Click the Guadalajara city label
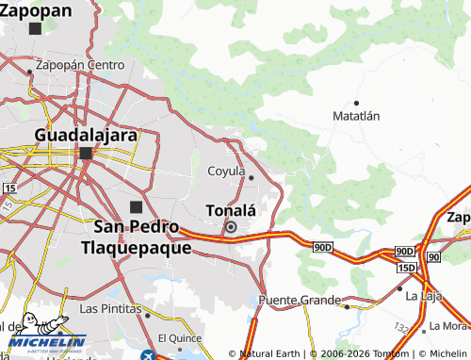pyautogui.click(x=86, y=134)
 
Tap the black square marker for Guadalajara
pyautogui.click(x=86, y=154)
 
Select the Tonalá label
pyautogui.click(x=231, y=209)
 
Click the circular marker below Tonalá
pyautogui.click(x=230, y=227)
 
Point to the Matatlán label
pyautogui.click(x=356, y=116)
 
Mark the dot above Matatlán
pyautogui.click(x=356, y=102)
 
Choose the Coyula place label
pyautogui.click(x=225, y=172)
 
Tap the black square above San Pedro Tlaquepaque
pyautogui.click(x=136, y=206)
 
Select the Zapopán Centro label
pyautogui.click(x=79, y=66)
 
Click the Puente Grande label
pyautogui.click(x=294, y=301)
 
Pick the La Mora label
pyautogui.click(x=447, y=326)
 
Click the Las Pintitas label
pyautogui.click(x=110, y=308)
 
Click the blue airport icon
pyautogui.click(x=148, y=355)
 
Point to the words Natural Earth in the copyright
pyautogui.click(x=273, y=353)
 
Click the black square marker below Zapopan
pyautogui.click(x=36, y=28)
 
